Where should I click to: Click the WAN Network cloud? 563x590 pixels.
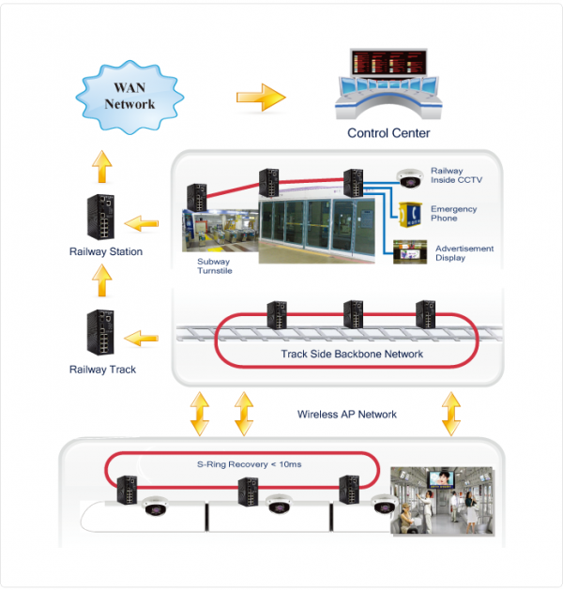129,97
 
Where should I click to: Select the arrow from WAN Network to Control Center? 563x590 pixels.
260,96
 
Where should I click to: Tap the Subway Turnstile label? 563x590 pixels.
214,266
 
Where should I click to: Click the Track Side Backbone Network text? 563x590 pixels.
352,354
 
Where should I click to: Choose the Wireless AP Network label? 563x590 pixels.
347,414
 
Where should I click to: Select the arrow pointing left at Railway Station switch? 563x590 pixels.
142,223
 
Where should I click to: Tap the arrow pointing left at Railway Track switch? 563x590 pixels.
142,337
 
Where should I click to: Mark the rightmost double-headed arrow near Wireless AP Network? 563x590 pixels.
452,414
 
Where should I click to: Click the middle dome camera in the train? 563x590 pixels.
278,505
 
